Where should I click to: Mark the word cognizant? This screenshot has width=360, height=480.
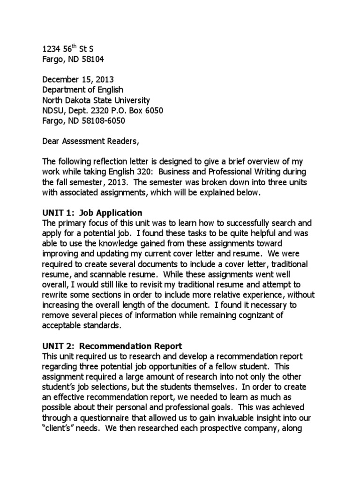250,315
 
